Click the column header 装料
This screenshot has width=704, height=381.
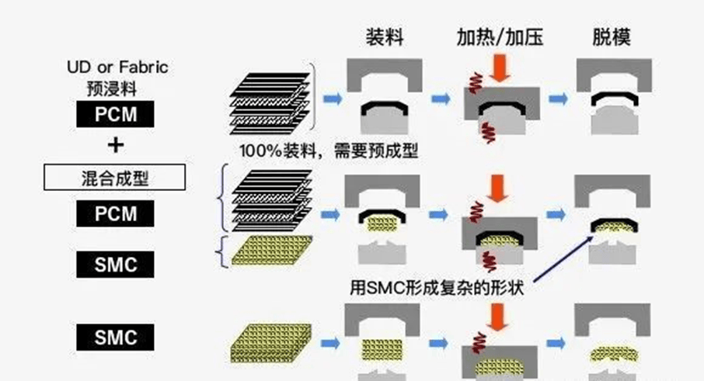coord(385,37)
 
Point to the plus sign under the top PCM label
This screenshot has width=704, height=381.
coord(115,144)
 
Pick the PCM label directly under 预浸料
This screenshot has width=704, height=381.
coord(115,115)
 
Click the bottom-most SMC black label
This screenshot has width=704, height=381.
coord(115,338)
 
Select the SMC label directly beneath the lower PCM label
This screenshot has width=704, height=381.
coord(115,265)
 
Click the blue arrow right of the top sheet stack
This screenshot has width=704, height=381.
coord(333,99)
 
